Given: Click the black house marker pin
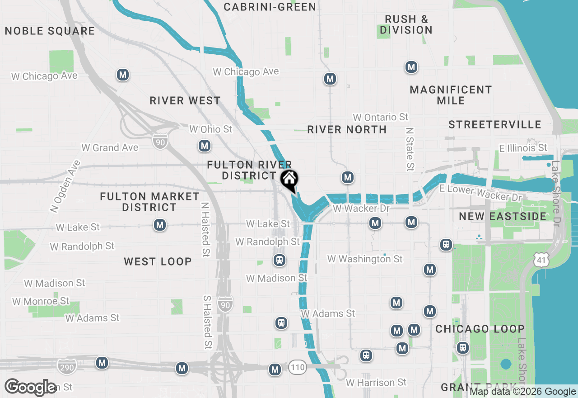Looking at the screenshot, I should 289,180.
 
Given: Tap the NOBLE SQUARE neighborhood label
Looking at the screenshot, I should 50,31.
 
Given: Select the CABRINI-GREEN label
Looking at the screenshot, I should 270,7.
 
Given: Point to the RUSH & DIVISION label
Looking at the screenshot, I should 406,24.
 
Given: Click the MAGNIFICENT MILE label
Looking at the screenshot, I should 451,95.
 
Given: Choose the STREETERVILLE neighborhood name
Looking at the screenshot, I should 495,124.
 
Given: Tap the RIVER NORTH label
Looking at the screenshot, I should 347,129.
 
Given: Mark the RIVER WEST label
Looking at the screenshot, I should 185,100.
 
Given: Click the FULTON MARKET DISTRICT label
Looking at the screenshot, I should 149,202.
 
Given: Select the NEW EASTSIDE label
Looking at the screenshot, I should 503,216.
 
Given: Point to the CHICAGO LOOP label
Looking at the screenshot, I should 480,329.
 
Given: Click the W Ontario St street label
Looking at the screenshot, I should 381,118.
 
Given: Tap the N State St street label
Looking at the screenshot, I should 410,149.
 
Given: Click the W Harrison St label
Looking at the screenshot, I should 376,383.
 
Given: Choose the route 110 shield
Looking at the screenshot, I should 298,368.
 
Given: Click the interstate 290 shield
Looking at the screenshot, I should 67,367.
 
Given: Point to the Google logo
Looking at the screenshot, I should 31,387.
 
